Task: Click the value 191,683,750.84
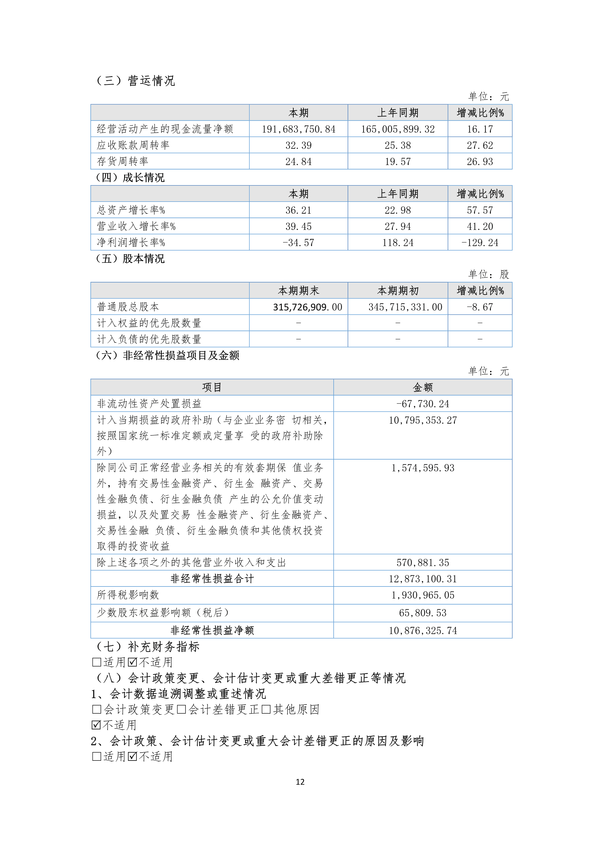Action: [x=298, y=129]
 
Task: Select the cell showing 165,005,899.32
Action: [x=398, y=129]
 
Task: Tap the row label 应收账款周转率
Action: [x=133, y=145]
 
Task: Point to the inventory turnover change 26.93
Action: [x=480, y=161]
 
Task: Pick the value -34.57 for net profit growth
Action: [x=298, y=243]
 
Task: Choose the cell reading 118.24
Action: [x=398, y=243]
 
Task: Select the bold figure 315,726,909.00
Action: [x=307, y=307]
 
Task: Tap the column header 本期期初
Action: [x=398, y=291]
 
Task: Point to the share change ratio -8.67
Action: [x=480, y=307]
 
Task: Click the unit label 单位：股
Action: [x=488, y=274]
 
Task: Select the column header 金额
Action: [x=423, y=387]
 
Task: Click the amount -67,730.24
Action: [x=423, y=404]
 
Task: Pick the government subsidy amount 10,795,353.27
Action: [x=423, y=420]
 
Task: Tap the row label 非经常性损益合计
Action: [x=212, y=579]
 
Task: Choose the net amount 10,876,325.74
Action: [x=423, y=630]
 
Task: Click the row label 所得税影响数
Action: [x=128, y=595]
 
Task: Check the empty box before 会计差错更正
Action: [x=181, y=709]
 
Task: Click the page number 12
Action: [x=300, y=782]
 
